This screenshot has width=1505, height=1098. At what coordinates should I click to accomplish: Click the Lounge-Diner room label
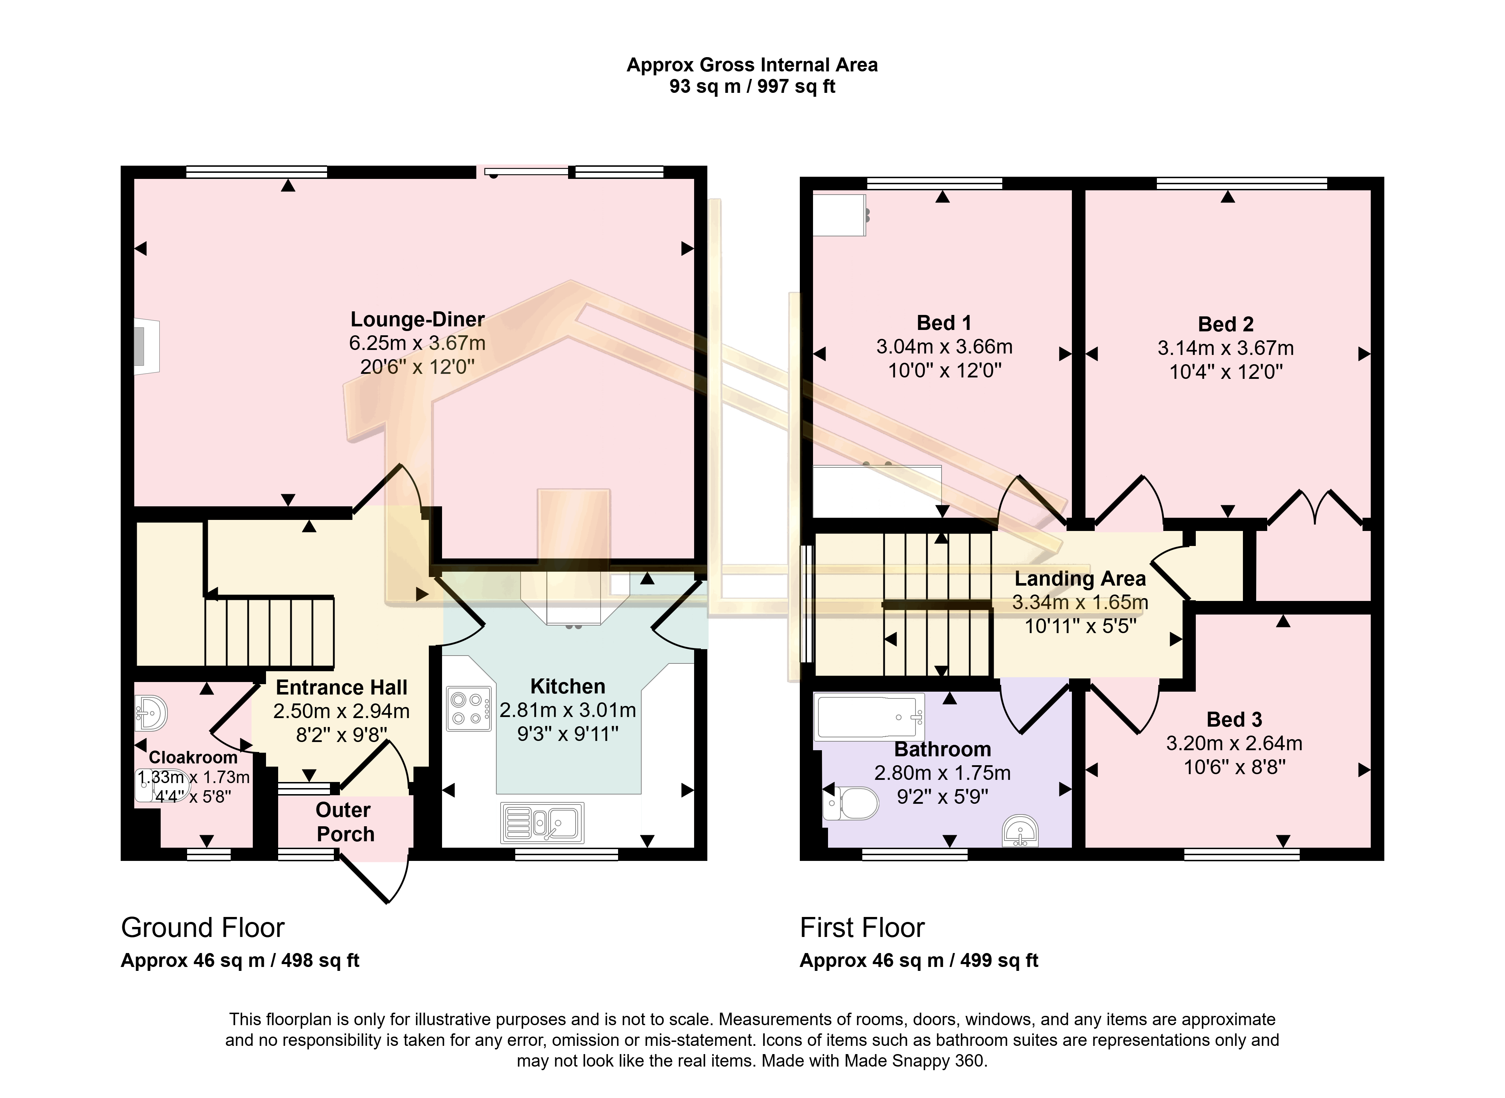point(417,320)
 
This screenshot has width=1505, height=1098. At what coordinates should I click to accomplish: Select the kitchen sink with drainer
point(543,822)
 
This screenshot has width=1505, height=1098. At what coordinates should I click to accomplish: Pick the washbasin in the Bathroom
point(1020,832)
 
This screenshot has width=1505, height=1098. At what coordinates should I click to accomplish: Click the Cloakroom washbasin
point(151,713)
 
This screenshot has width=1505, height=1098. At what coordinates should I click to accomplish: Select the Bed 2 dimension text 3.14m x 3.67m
point(1225,348)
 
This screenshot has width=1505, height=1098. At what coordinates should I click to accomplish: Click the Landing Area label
point(1080,579)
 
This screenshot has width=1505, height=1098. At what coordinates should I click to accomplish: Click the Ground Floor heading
point(203,928)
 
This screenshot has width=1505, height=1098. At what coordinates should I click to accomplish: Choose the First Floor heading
point(862,928)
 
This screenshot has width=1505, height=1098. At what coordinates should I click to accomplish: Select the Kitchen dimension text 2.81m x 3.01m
point(567,711)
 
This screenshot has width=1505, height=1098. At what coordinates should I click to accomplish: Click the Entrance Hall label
point(342,687)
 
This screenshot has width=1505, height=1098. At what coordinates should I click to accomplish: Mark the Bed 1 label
point(944,323)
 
